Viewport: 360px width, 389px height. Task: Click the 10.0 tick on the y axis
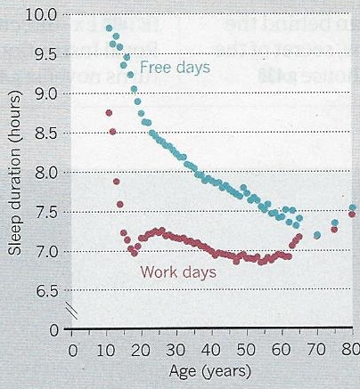pos(45,15)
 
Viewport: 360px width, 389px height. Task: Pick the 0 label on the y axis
pos(54,329)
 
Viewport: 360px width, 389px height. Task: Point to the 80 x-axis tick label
pos(350,349)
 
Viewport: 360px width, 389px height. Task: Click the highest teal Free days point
pos(109,28)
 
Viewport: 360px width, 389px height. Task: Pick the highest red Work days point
pos(109,113)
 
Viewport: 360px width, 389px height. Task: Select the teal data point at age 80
pos(352,208)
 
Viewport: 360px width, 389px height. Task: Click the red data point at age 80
pos(352,215)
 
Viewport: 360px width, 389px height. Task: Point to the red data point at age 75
pos(334,230)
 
